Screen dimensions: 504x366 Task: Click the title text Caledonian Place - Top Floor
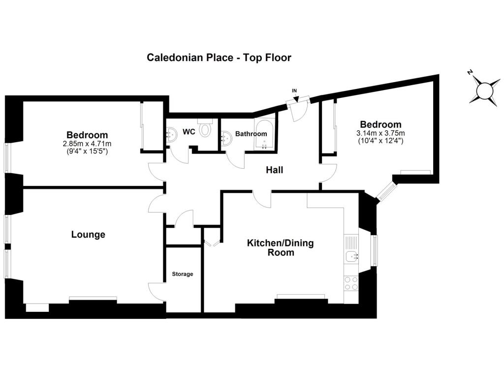pyautogui.click(x=219, y=58)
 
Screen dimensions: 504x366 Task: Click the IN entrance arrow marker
pyautogui.click(x=295, y=95)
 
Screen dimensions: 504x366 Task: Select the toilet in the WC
pyautogui.click(x=205, y=127)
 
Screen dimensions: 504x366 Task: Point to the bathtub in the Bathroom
pyautogui.click(x=264, y=134)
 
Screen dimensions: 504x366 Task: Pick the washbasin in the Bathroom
pyautogui.click(x=226, y=139)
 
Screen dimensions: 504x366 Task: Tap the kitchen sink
pyautogui.click(x=352, y=256)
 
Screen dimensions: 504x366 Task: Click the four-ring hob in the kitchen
pyautogui.click(x=351, y=283)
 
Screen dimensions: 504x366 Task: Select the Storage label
pyautogui.click(x=183, y=274)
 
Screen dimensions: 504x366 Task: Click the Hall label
pyautogui.click(x=275, y=170)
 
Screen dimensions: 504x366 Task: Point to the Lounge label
pyautogui.click(x=88, y=235)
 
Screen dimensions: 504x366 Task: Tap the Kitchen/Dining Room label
pyautogui.click(x=280, y=247)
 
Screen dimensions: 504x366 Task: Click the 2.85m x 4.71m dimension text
pyautogui.click(x=87, y=144)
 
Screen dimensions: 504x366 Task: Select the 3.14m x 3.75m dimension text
pyautogui.click(x=380, y=133)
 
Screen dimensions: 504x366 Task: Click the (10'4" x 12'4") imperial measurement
pyautogui.click(x=380, y=140)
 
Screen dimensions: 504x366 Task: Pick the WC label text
pyautogui.click(x=189, y=132)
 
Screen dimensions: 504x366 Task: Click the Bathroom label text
pyautogui.click(x=251, y=134)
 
